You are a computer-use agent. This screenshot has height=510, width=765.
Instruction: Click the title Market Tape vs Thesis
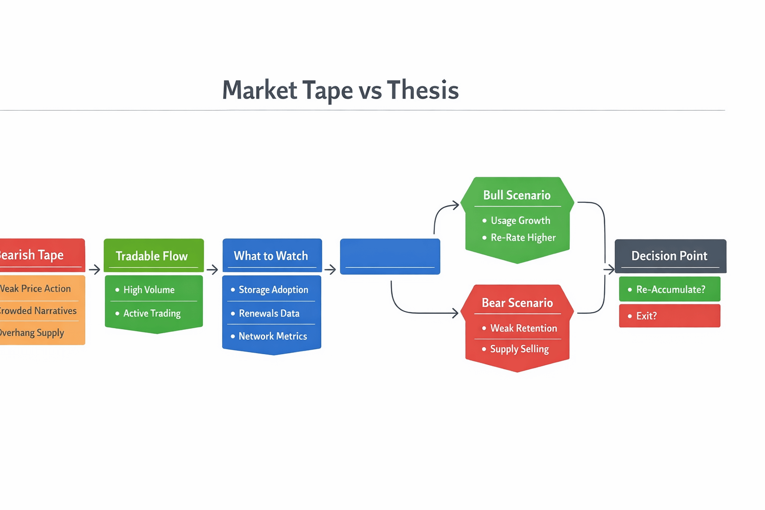click(340, 90)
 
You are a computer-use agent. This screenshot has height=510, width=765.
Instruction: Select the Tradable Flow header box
click(153, 255)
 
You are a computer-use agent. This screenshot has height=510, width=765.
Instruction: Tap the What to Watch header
click(271, 255)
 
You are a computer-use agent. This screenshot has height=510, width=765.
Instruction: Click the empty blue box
click(390, 256)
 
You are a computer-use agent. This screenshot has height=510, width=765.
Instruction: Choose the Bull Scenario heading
click(517, 195)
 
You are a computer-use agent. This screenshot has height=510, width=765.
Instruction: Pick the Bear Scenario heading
click(517, 303)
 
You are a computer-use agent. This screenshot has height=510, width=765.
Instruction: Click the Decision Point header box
click(670, 256)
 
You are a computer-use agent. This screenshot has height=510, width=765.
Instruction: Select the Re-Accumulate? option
click(670, 289)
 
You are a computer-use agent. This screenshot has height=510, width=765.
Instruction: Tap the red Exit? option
click(670, 316)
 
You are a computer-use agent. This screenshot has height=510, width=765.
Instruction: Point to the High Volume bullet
click(148, 290)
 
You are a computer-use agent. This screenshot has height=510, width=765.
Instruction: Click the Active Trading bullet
click(151, 313)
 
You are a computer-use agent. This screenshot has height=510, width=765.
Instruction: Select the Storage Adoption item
click(273, 290)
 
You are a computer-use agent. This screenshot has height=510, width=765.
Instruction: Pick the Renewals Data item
click(269, 313)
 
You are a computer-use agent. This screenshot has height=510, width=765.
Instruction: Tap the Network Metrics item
click(272, 336)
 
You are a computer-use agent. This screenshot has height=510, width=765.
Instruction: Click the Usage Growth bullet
click(520, 221)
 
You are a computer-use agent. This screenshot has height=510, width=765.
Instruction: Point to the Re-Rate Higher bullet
click(523, 238)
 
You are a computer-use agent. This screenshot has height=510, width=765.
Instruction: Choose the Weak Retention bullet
click(523, 328)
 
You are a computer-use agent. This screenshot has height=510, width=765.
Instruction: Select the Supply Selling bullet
click(519, 349)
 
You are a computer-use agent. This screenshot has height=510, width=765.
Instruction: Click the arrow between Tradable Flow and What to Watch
click(213, 269)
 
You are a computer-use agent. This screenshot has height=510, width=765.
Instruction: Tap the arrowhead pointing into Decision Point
click(610, 269)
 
